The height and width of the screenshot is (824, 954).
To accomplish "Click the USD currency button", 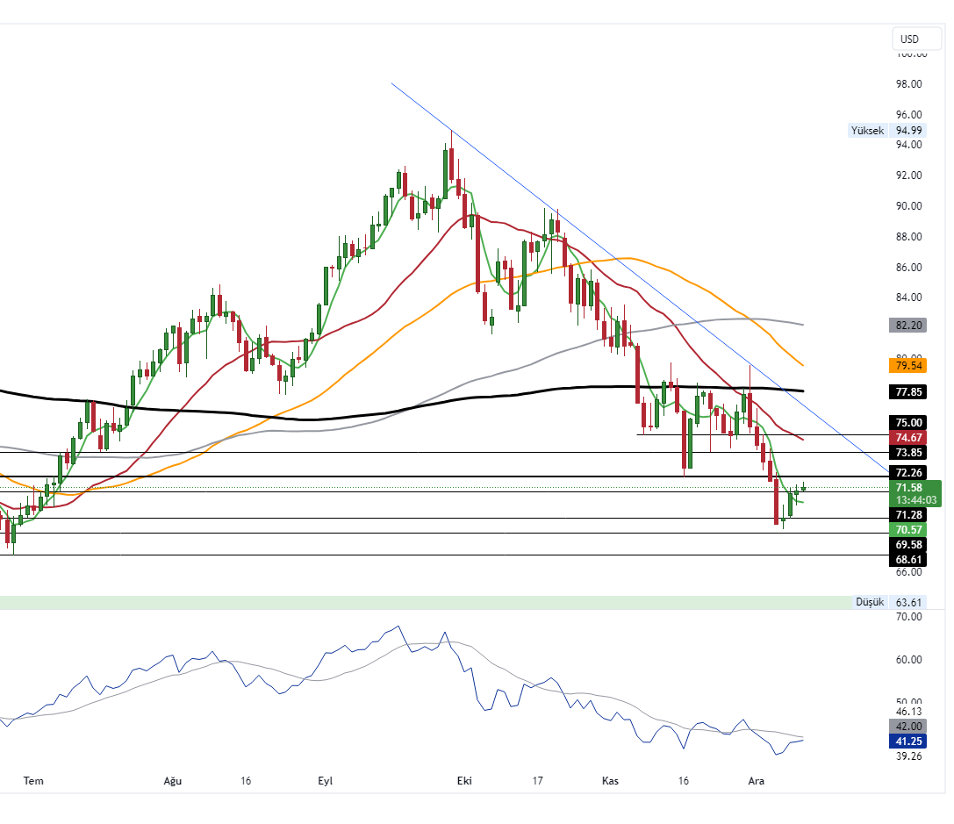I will [x=909, y=39].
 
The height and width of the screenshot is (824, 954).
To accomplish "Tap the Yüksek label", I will [x=866, y=131].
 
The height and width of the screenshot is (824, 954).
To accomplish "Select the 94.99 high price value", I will [x=909, y=131].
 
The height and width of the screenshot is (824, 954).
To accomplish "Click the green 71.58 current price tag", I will [x=909, y=488].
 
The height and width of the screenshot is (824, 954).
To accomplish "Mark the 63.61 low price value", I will [x=909, y=602].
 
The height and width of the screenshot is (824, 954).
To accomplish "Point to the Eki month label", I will [x=463, y=780].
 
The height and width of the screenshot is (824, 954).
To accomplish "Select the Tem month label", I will [x=33, y=780].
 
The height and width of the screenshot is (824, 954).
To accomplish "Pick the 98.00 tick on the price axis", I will [x=909, y=84].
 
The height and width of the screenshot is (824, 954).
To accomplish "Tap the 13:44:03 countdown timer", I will [x=916, y=500].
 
